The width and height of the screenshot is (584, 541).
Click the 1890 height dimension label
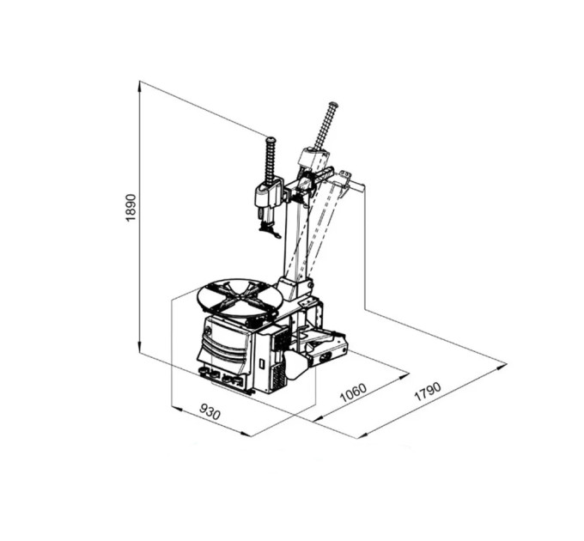[x=132, y=207]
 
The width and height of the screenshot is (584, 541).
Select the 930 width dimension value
[x=210, y=412]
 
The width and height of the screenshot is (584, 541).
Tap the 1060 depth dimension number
[x=354, y=392]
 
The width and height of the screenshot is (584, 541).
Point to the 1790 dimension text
[x=428, y=392]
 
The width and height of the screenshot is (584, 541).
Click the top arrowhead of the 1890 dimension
[x=139, y=86]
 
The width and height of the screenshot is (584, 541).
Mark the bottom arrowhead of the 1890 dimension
[x=139, y=346]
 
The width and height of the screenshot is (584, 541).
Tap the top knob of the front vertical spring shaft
[x=271, y=140]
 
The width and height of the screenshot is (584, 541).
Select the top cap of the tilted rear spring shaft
[x=332, y=105]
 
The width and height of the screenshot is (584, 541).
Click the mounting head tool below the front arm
[x=270, y=231]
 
